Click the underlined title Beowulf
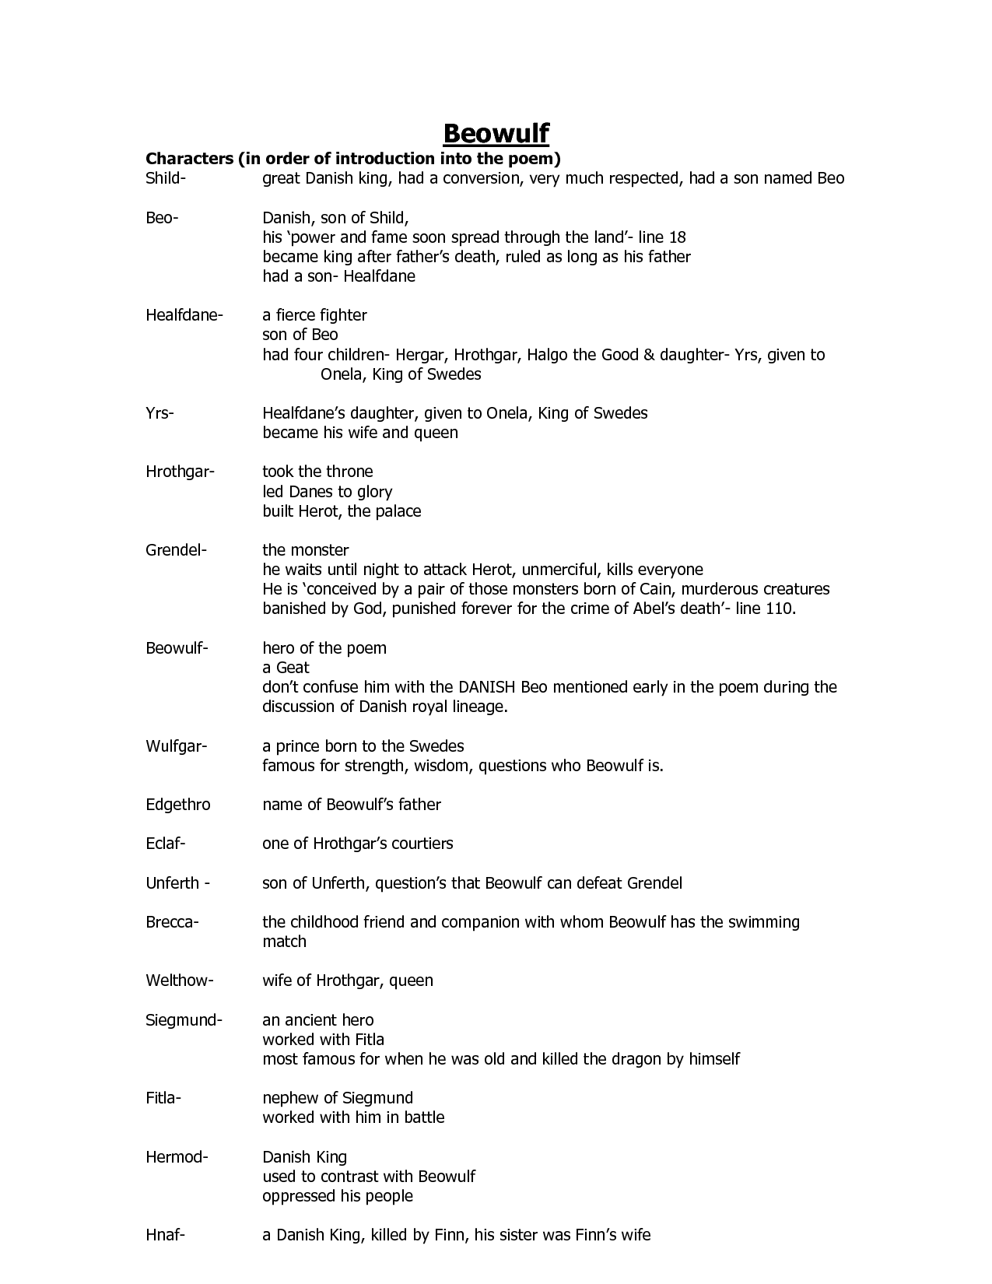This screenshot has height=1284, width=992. pos(496,133)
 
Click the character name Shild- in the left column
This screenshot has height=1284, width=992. pos(166,178)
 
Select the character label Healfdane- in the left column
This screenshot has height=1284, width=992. pos(184,315)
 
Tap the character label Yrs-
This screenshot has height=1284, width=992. pos(159,413)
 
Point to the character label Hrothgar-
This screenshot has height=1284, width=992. pos(180,472)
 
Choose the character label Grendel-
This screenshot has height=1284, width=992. pos(177,550)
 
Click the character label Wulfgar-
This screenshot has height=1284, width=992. pos(177,746)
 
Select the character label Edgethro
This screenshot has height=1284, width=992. pos(178,805)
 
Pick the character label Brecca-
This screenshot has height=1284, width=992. pos(173,922)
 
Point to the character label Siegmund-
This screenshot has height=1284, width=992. pos(184,1020)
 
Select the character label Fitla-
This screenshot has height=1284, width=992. pos(163,1098)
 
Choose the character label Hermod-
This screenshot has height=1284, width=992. pos(177,1157)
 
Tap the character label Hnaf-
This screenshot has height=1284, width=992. pos(165,1235)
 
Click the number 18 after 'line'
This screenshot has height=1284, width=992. pos(677,237)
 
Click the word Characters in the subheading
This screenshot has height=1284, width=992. pos(189,159)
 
